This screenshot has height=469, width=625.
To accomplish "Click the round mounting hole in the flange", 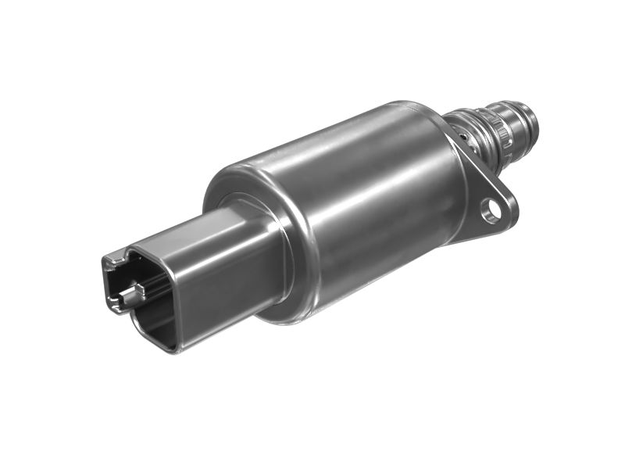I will [491, 209].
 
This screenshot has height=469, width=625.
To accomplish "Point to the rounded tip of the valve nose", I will [534, 117].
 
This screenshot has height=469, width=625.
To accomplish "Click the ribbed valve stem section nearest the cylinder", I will [461, 129].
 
